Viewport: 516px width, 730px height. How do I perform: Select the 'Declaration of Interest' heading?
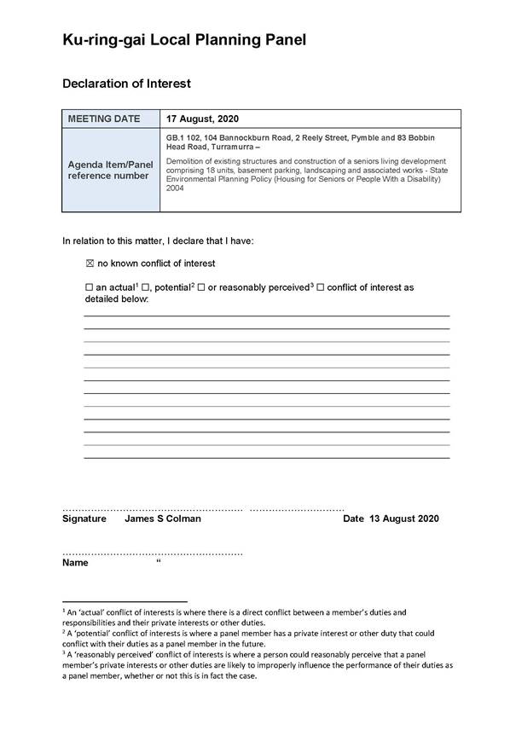(x=126, y=84)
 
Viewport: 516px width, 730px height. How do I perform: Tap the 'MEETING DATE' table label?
(x=104, y=119)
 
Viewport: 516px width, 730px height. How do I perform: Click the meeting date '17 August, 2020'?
(x=203, y=119)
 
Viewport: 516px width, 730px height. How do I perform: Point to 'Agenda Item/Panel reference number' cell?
(x=110, y=170)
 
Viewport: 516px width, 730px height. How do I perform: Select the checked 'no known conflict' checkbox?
(x=90, y=264)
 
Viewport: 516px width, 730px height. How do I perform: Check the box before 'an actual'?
(x=89, y=288)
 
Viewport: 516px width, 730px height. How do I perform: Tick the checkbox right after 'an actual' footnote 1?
(x=146, y=288)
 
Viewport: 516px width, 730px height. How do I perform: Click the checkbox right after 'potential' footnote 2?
(x=201, y=288)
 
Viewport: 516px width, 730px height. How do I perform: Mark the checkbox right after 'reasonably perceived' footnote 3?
(x=320, y=288)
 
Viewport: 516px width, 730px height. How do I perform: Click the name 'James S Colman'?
(x=163, y=519)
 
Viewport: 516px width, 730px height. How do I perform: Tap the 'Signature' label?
(x=84, y=519)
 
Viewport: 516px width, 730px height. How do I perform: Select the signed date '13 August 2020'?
(x=403, y=519)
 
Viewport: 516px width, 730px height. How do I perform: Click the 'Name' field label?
(x=75, y=564)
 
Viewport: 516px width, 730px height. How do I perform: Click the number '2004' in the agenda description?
(x=176, y=188)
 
